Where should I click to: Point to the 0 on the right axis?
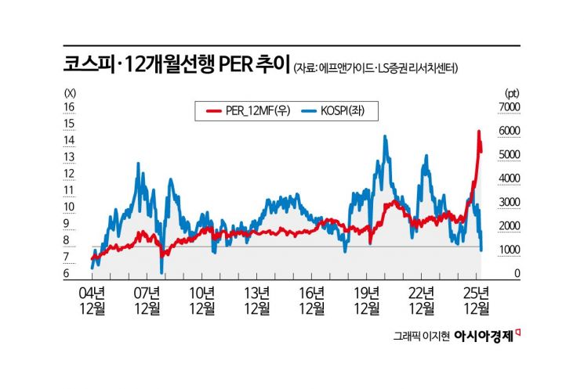(517, 274)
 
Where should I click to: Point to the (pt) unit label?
(512, 91)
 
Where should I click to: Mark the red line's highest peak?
(478, 131)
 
